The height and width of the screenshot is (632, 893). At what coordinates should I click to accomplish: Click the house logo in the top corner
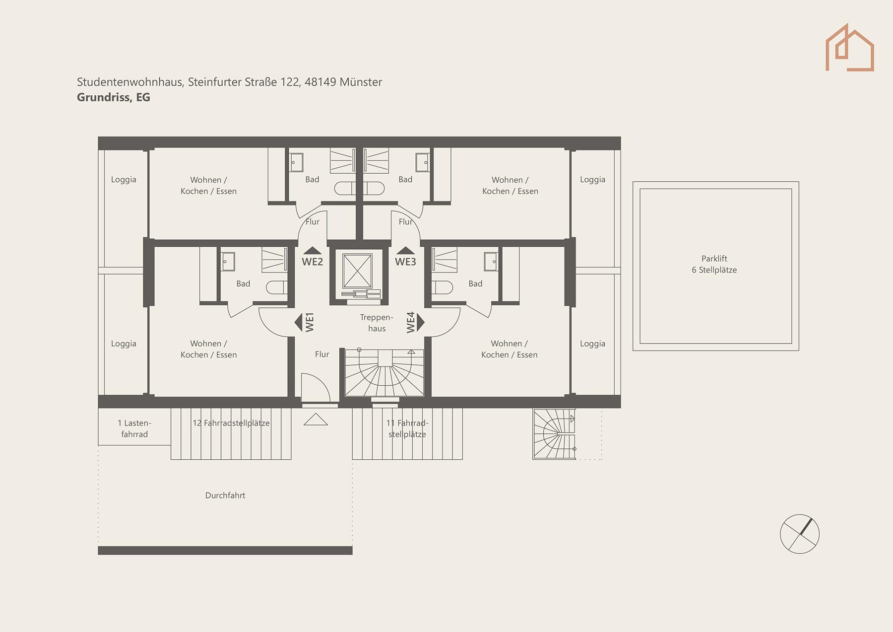[x=849, y=48]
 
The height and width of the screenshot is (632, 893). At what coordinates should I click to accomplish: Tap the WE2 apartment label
[x=312, y=262]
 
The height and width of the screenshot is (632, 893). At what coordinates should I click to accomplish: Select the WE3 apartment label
[x=405, y=262]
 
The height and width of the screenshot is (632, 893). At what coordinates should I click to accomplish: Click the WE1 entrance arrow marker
[x=298, y=322]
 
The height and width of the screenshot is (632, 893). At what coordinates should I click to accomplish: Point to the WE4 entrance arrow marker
[x=421, y=322]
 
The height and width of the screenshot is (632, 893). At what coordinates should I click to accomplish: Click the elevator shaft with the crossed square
[x=357, y=271]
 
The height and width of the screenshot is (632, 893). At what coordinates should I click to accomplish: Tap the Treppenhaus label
[x=377, y=323]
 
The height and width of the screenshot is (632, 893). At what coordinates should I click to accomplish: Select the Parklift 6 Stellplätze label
[x=714, y=264]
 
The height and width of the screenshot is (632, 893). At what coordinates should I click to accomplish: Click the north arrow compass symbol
[x=800, y=534]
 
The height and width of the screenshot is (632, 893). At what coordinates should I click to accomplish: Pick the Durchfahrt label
[x=225, y=495]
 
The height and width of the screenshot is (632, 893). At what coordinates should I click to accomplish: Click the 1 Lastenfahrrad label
[x=134, y=428]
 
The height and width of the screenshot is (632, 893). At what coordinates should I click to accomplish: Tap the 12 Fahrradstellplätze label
[x=231, y=423]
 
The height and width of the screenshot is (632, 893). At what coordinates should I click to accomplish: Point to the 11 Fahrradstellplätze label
[x=407, y=428]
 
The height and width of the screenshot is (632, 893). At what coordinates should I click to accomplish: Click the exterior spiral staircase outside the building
[x=554, y=434]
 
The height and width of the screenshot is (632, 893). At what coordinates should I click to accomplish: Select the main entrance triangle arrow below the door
[x=316, y=420]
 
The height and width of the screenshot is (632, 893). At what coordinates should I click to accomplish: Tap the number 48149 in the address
[x=320, y=82]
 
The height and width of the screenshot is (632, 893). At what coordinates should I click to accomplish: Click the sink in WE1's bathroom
[x=228, y=262]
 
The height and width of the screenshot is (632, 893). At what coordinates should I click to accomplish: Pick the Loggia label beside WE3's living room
[x=592, y=180]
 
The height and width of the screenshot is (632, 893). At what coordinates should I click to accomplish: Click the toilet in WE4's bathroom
[x=442, y=287]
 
